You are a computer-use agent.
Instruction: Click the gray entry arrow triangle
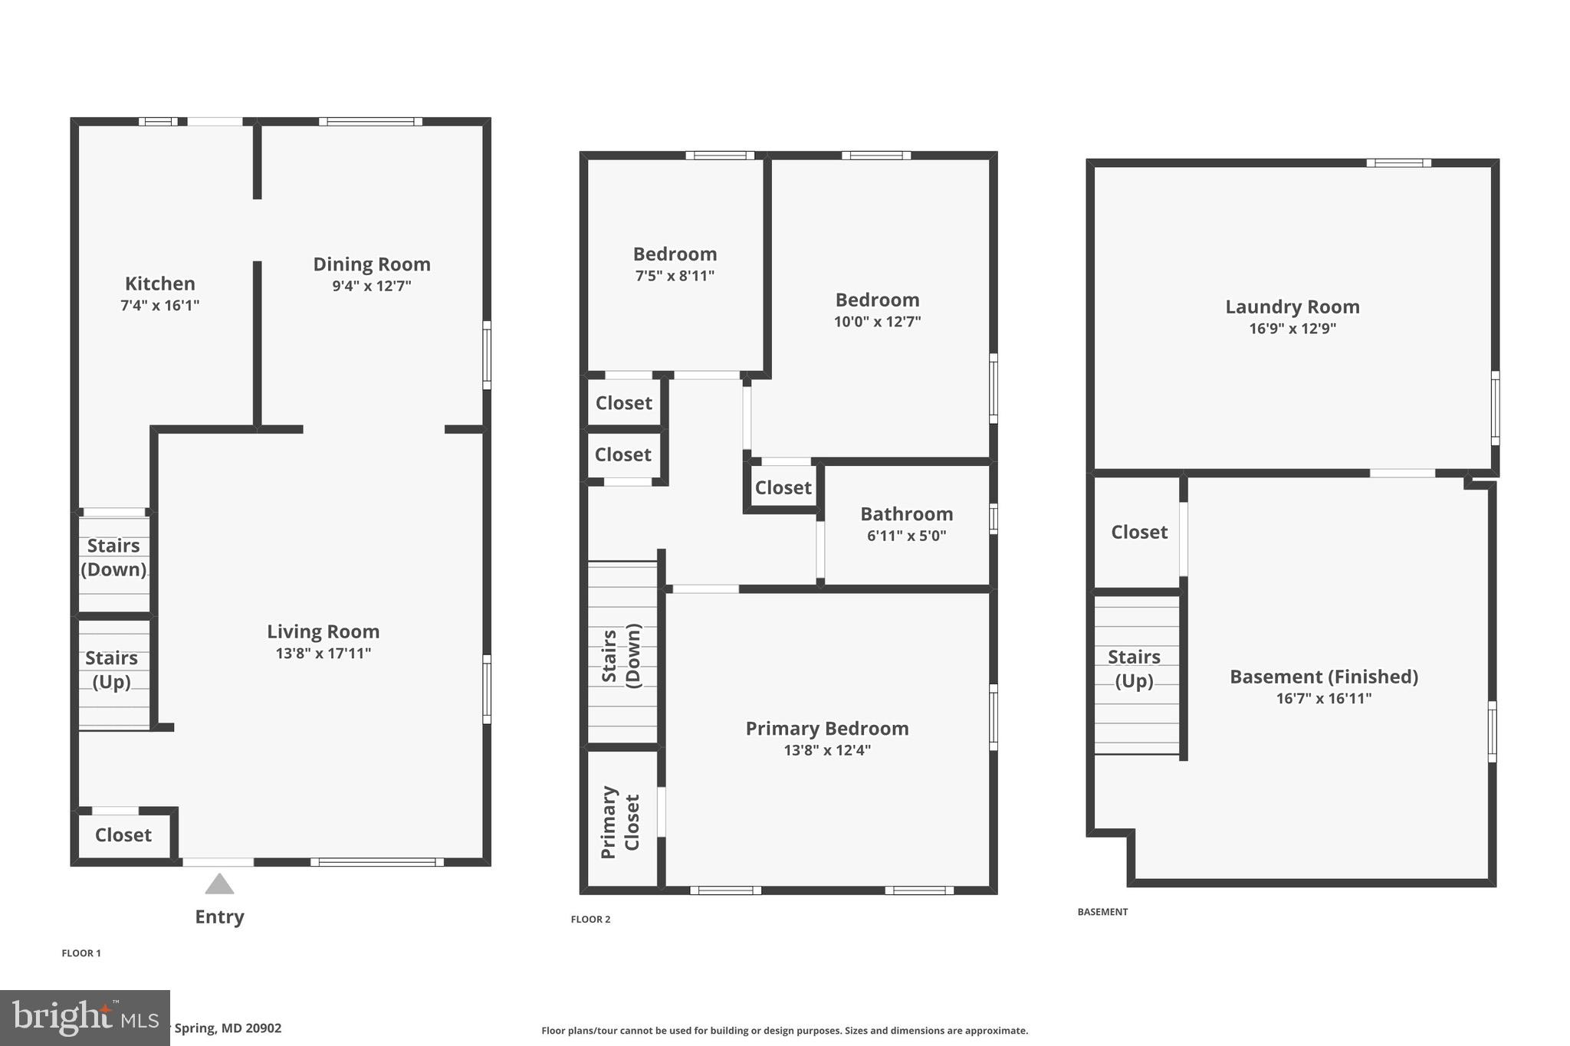[219, 885]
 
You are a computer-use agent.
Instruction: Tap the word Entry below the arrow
[219, 917]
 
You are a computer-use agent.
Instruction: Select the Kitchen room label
[159, 284]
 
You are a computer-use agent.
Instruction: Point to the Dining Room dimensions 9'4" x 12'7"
[371, 287]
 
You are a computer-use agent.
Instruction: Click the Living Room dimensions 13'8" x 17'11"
[323, 654]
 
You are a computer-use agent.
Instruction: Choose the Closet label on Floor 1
[123, 835]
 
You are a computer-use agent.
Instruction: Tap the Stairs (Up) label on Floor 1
[111, 670]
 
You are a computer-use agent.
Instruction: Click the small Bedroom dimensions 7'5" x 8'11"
[675, 276]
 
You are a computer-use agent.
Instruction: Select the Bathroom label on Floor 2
[906, 514]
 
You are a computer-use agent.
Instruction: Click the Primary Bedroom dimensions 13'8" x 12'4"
[826, 750]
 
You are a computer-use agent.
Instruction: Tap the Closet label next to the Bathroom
[783, 488]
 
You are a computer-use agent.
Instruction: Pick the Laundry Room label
[1292, 307]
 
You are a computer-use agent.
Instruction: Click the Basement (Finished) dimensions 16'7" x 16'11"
[1323, 699]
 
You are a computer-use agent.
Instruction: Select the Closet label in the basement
[1138, 533]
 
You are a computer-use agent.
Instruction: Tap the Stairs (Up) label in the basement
[1134, 669]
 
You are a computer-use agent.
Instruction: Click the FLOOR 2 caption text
[590, 920]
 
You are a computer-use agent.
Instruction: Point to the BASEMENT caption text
[1102, 912]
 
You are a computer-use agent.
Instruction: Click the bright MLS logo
[84, 1018]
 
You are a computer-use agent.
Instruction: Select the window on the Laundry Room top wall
[1398, 162]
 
